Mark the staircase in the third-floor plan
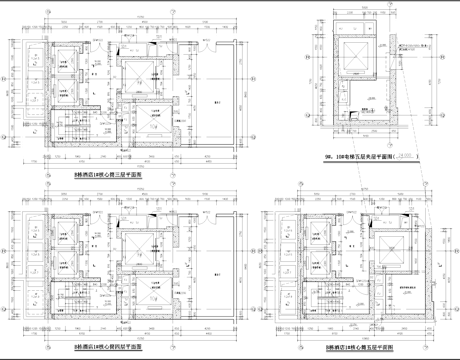click(x=72, y=129)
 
